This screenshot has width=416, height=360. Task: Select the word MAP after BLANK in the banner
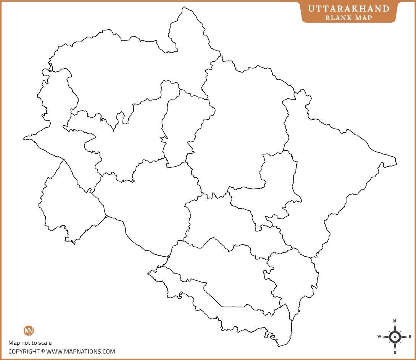click(x=364, y=18)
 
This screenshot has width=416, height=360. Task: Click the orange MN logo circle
click(x=29, y=331)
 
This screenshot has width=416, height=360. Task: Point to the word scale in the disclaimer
click(x=45, y=343)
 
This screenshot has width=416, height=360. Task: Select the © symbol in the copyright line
click(x=43, y=352)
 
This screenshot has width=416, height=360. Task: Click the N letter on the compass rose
click(x=395, y=321)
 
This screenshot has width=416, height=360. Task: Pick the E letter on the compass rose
click(x=410, y=336)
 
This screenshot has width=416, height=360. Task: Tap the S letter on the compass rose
click(x=395, y=352)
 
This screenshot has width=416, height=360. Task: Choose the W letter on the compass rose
click(x=379, y=336)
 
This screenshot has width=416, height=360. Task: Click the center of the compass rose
click(x=395, y=337)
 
